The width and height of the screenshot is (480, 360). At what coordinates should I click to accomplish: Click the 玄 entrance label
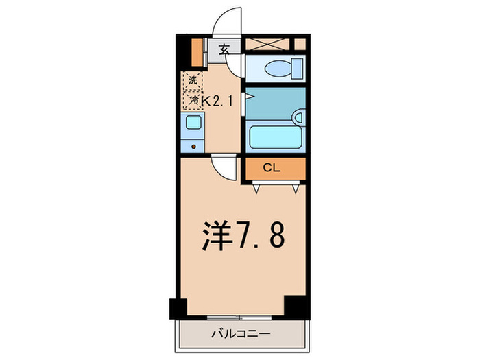[x=224, y=49]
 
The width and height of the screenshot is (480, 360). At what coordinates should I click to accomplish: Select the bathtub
[x=274, y=136]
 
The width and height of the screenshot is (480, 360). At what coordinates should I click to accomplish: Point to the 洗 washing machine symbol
[x=193, y=81]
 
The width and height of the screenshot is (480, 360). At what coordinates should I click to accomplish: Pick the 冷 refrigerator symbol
[x=193, y=100]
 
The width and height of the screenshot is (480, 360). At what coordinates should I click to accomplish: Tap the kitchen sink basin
[x=193, y=123]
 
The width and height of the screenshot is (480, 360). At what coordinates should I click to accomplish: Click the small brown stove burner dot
[x=193, y=145]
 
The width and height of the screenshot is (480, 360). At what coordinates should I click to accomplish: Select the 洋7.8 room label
[x=240, y=237]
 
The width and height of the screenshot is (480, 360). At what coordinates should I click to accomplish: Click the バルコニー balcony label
[x=240, y=334]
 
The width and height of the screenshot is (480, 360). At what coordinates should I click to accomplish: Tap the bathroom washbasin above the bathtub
[x=298, y=117]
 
